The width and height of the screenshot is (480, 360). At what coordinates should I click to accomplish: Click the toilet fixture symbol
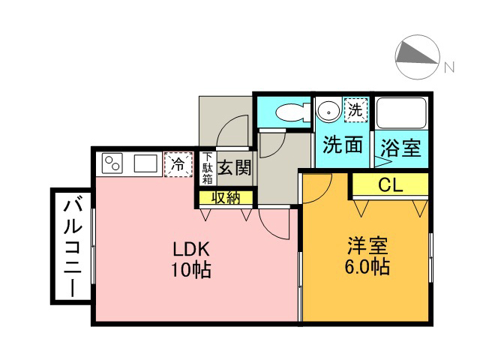293,112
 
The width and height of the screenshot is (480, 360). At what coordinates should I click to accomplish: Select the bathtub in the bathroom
401,113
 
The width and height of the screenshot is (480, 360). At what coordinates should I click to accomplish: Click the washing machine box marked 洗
355,110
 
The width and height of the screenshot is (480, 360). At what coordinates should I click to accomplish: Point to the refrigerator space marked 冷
178,164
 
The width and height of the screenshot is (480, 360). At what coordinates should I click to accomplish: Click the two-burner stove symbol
112,163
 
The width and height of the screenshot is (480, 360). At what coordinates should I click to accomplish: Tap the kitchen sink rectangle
145,163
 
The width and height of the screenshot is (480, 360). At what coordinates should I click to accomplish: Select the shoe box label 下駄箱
208,168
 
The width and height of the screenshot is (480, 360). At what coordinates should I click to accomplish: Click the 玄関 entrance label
234,168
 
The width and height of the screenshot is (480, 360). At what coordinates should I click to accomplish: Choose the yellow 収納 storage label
226,198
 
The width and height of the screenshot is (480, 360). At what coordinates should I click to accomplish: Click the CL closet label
390,184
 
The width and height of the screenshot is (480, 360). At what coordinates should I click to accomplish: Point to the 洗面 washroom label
343,145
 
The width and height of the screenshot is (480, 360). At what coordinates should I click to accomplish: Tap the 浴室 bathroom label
401,148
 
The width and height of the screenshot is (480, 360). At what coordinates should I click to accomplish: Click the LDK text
191,249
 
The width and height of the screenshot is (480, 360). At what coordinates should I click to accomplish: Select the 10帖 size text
191,270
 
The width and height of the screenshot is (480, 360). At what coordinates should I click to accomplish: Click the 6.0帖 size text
367,267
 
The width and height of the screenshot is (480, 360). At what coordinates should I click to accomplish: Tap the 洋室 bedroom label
367,246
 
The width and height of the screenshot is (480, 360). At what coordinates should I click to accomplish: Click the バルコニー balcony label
73,247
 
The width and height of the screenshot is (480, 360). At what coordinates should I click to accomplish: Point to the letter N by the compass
449,67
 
